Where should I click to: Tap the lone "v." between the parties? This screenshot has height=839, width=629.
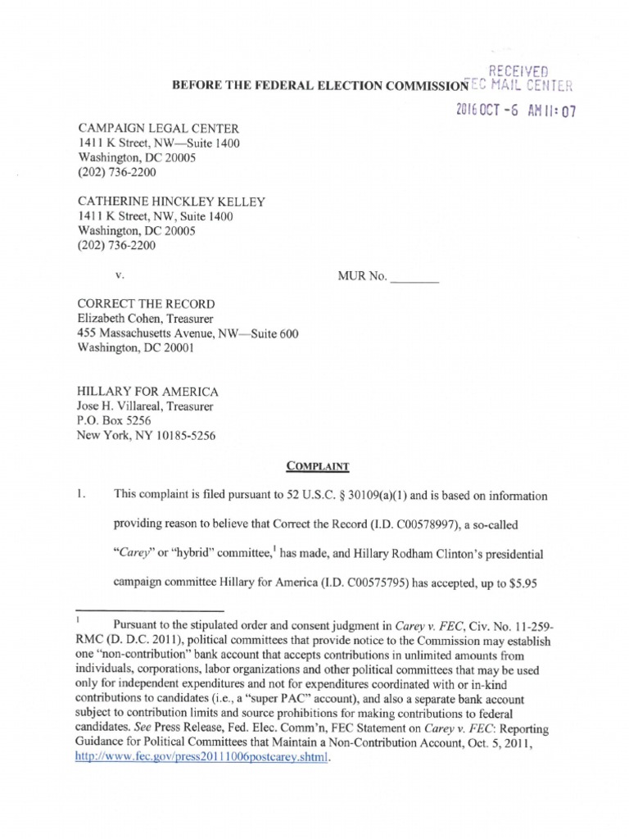120,277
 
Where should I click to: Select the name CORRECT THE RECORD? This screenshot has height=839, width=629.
145,304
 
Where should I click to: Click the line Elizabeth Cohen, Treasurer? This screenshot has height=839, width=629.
145,319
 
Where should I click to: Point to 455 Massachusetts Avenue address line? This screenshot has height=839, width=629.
188,333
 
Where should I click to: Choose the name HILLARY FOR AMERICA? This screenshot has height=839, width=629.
147,392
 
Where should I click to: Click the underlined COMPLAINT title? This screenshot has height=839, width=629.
318,466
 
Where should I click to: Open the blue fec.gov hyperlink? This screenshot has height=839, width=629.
201,758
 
